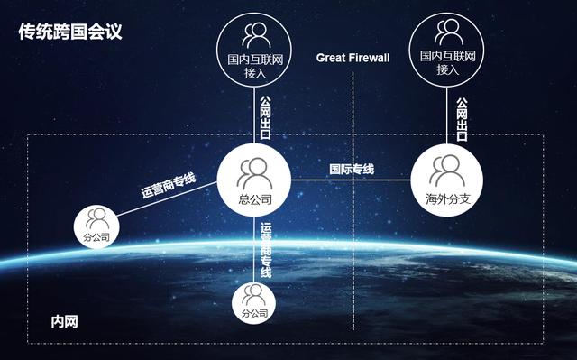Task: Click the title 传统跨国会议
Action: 70,32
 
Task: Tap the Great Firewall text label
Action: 353,58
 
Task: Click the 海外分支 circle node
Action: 447,178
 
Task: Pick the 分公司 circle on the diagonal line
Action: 97,225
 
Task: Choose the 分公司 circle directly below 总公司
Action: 255,301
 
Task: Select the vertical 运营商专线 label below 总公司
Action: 266,248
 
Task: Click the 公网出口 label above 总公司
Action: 265,117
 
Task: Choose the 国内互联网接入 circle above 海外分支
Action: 447,51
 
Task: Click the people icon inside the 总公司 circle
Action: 255,170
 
